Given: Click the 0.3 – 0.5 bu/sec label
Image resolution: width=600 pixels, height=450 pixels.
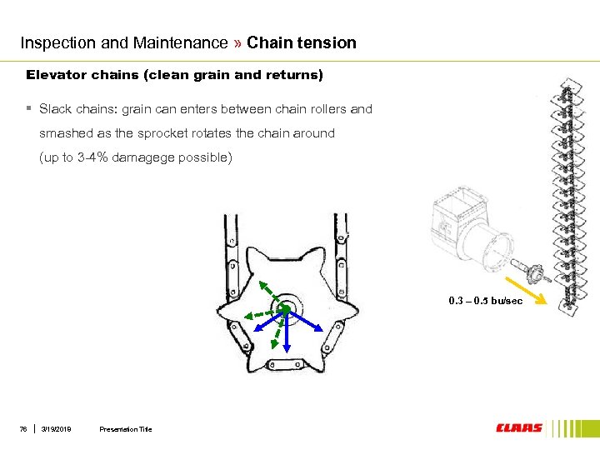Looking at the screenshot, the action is tap(485, 301).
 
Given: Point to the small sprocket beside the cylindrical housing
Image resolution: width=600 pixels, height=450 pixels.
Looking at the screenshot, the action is tap(529, 272).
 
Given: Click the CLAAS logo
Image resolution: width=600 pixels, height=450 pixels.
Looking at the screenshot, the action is tap(518, 428).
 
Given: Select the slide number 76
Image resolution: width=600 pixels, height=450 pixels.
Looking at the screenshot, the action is tap(24, 429).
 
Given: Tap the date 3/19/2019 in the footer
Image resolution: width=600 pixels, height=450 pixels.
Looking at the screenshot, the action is tap(56, 429).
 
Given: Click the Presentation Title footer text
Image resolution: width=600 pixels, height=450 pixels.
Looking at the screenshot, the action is tap(125, 429).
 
